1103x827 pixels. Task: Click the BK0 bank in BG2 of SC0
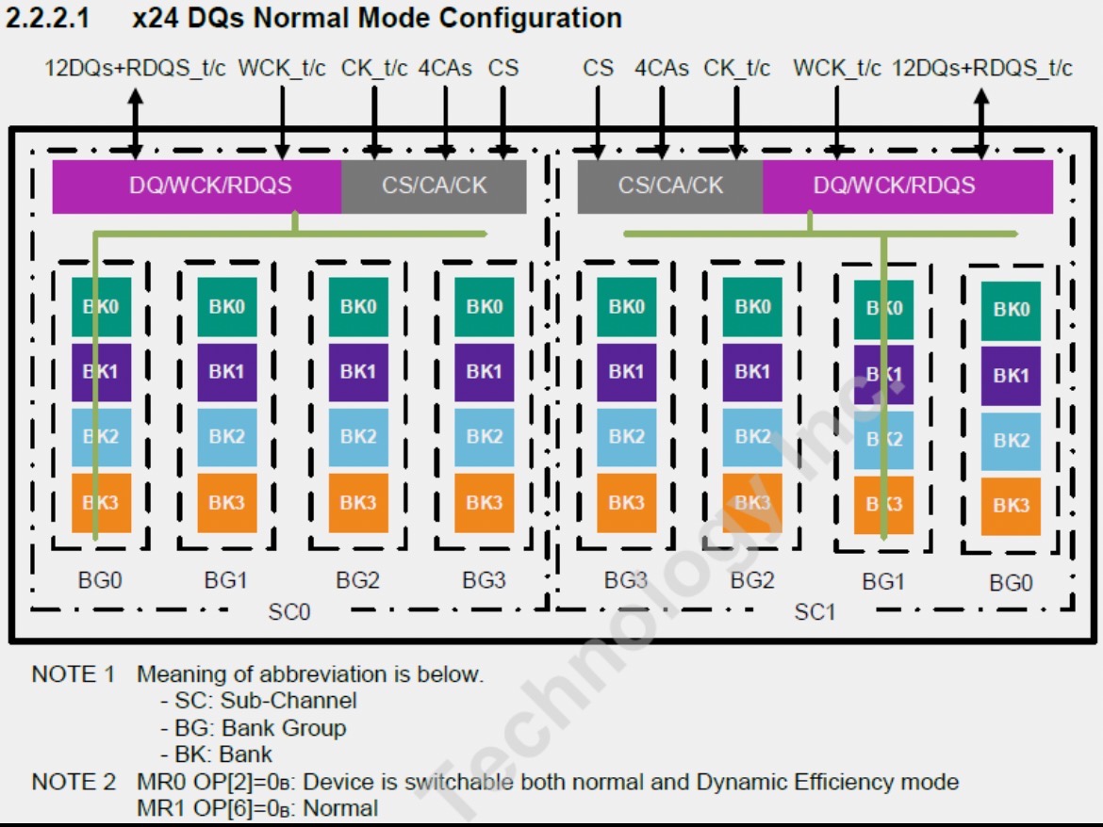tap(358, 306)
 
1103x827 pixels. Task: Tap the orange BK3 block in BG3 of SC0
tap(485, 502)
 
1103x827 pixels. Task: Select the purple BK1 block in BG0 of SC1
tap(1011, 375)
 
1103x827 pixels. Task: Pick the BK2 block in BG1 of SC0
tap(227, 436)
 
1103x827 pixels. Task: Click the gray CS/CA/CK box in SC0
tap(434, 186)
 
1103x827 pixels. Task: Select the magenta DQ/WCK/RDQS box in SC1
tap(907, 186)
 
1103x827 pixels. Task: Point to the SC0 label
tap(288, 612)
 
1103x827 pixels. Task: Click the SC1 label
tap(815, 612)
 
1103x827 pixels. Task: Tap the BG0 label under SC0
tap(100, 580)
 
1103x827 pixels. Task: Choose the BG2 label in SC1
tap(752, 580)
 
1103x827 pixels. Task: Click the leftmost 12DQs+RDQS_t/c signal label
tap(135, 69)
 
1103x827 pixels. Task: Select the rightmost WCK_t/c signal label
tap(836, 69)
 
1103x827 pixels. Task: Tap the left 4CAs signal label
tap(445, 69)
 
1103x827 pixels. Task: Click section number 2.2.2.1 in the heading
tap(47, 18)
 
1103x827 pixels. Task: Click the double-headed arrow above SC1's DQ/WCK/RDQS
tap(981, 122)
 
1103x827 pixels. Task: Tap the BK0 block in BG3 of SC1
tap(626, 306)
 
